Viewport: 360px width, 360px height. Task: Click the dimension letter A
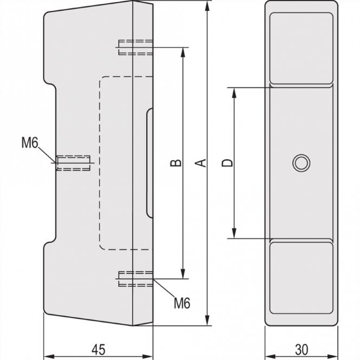(x=201, y=162)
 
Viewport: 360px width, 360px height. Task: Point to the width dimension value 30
(x=301, y=348)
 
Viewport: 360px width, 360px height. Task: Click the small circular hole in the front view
(x=300, y=162)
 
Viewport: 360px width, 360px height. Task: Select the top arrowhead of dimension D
(x=234, y=92)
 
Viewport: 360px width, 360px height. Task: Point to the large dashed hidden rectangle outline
(x=99, y=162)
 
